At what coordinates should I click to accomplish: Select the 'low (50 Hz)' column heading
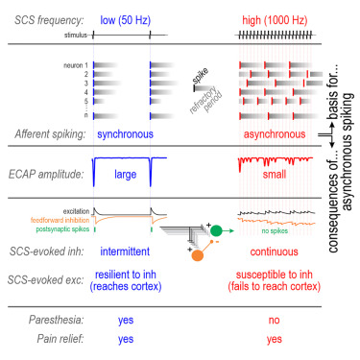[126, 19]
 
